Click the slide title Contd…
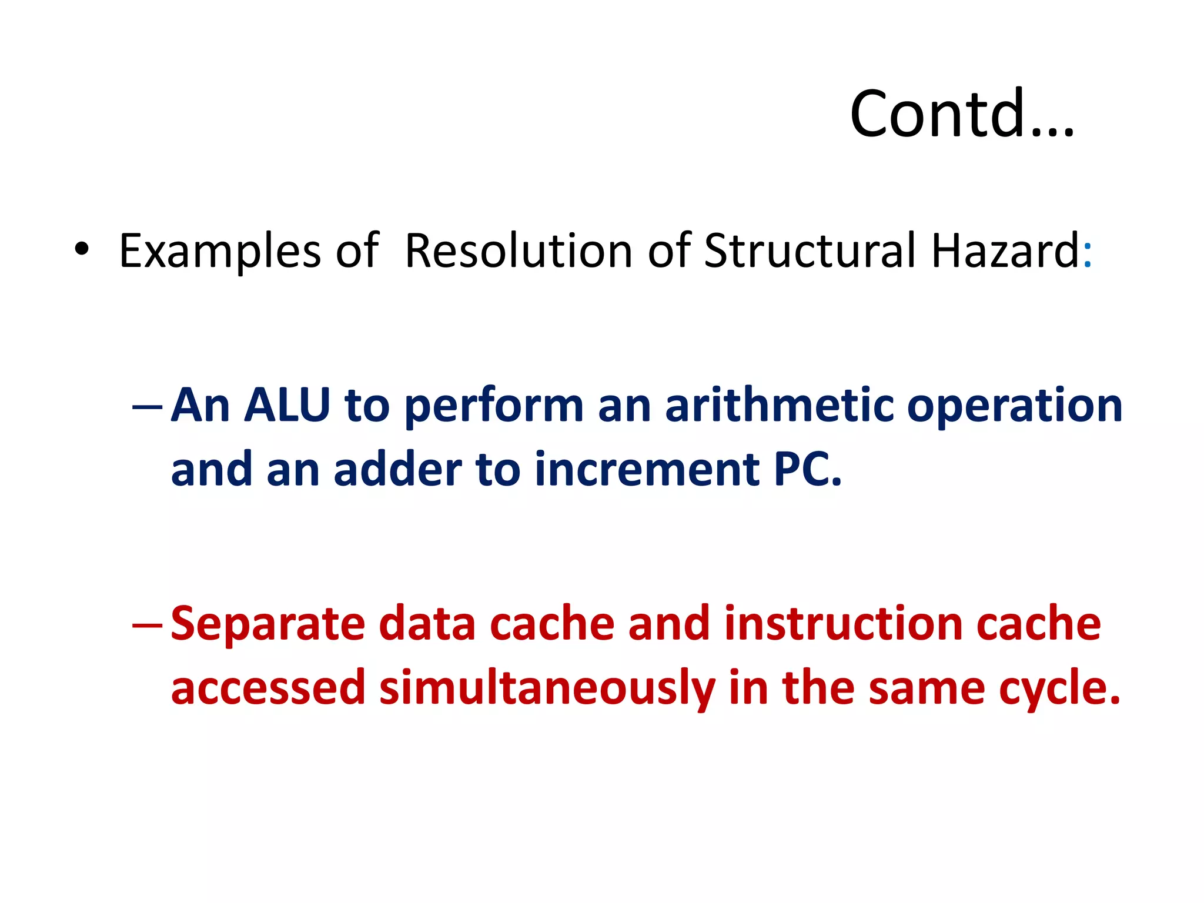tap(962, 114)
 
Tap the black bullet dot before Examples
tap(82, 249)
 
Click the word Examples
tap(220, 252)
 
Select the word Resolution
tap(519, 250)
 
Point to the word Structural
tap(810, 250)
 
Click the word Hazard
tap(1005, 250)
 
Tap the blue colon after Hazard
tap(1087, 257)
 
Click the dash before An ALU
tap(147, 407)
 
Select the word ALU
tap(287, 406)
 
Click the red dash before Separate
tap(147, 626)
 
